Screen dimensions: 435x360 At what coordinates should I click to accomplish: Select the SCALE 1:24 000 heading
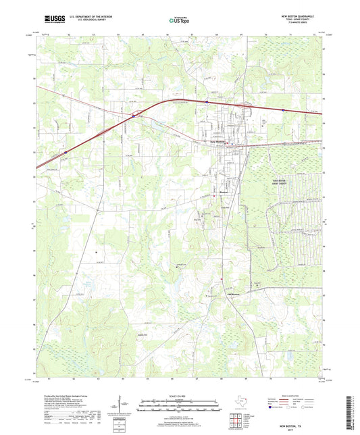179,396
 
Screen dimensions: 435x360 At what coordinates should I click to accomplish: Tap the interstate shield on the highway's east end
284,109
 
